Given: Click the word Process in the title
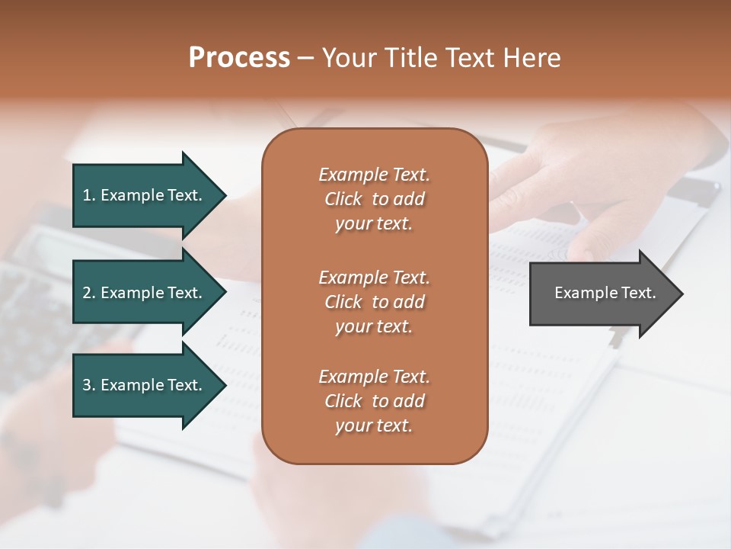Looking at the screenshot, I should click(x=239, y=58).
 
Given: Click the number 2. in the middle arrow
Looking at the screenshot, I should click(x=89, y=293).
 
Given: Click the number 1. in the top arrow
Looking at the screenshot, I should click(x=89, y=195).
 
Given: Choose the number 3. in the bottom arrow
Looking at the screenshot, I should click(x=89, y=385).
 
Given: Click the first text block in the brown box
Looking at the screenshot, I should click(x=374, y=199).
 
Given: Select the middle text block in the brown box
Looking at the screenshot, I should click(x=374, y=302).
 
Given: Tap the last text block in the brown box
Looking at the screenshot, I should click(x=374, y=401).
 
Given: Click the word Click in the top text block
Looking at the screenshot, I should click(x=343, y=199).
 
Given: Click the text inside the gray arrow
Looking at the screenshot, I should click(x=605, y=293).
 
